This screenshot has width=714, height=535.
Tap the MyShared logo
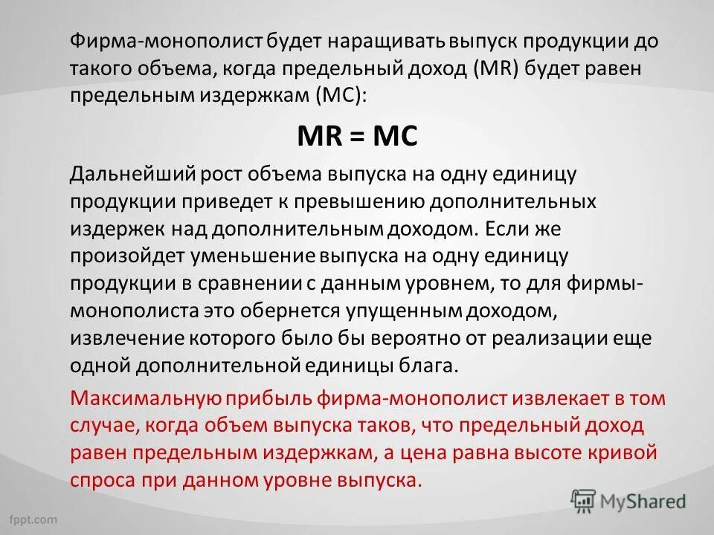tap(628, 500)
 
